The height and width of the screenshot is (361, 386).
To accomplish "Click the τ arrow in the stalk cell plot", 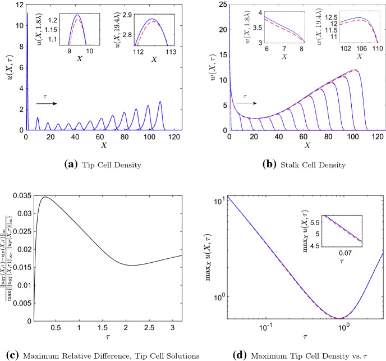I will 244,103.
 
